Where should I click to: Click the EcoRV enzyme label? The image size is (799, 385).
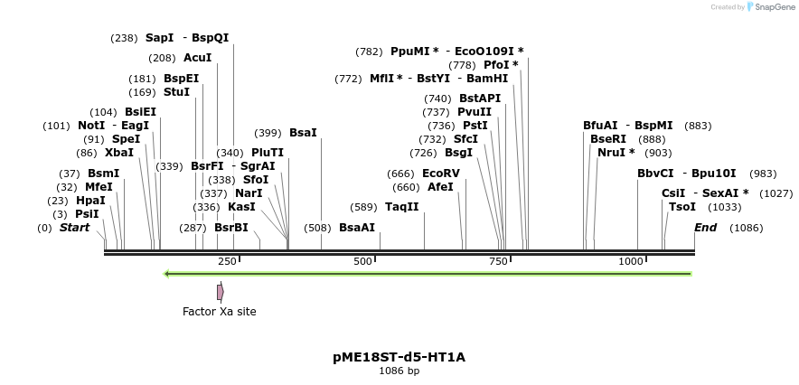point(441,174)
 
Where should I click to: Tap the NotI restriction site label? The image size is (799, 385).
point(91,126)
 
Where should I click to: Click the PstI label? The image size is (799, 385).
point(475,126)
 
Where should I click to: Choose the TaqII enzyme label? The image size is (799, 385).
point(402,207)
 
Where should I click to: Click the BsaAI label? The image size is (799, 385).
point(357,228)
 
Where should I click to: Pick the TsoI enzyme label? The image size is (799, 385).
point(682,207)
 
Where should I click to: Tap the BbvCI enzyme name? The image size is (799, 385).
point(655,174)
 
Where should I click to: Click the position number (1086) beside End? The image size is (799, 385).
point(746,228)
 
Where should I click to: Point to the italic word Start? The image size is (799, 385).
point(74,228)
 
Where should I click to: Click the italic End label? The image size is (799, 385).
point(705,228)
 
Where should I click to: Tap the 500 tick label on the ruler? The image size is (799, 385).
point(363,261)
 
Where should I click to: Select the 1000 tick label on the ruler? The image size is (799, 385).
point(631,261)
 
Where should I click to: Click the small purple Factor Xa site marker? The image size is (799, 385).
point(220,292)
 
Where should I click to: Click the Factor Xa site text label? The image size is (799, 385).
point(220,312)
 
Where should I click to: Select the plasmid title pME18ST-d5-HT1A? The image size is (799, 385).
point(399,357)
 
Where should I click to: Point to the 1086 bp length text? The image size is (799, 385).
point(399,371)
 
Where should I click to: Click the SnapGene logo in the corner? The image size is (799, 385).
point(767,7)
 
